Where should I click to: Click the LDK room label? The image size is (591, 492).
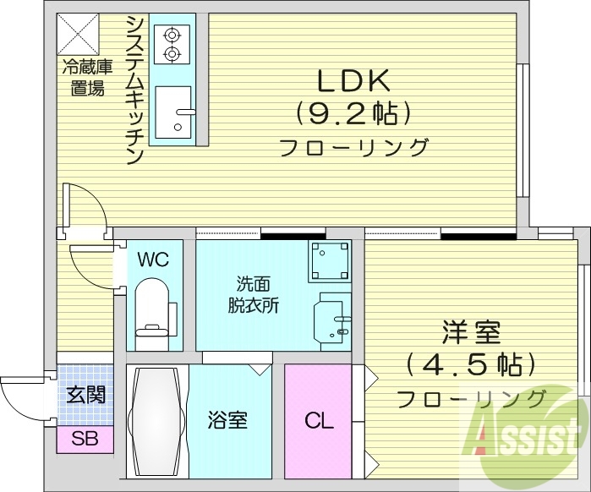click(x=353, y=82)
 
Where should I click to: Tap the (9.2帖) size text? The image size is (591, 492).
click(x=353, y=112)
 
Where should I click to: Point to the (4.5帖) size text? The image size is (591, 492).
click(x=470, y=364)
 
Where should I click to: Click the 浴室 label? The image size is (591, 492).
click(x=227, y=419)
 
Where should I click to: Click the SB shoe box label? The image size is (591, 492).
click(x=85, y=439)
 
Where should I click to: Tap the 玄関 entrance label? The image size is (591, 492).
click(x=85, y=395)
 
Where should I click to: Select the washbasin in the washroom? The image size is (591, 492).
click(x=331, y=320)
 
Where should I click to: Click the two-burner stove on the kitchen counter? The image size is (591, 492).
click(x=173, y=44)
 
